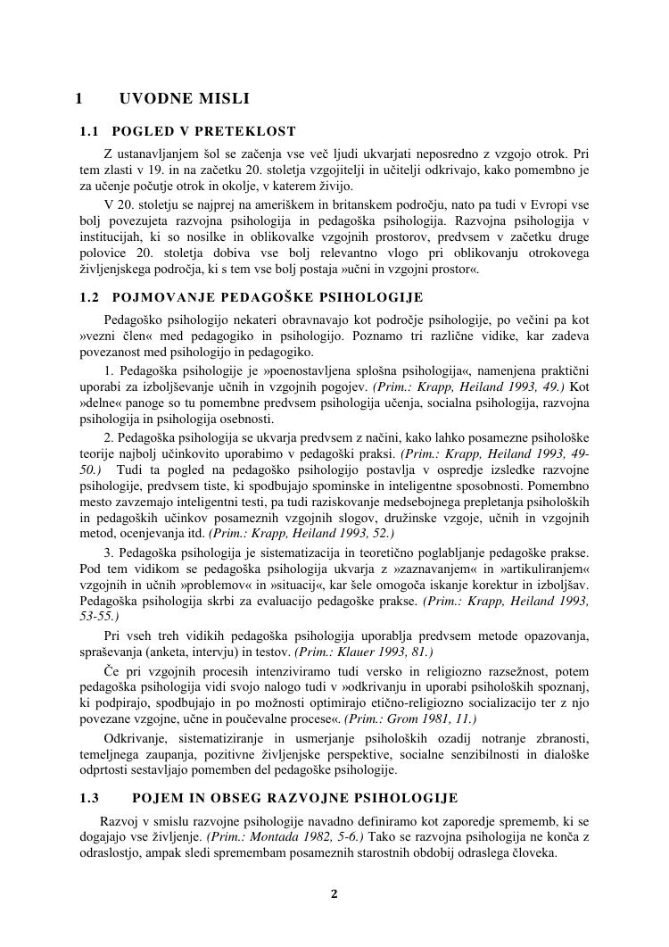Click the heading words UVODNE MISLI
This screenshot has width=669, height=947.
[184, 98]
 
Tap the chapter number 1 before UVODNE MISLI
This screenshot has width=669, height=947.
[79, 98]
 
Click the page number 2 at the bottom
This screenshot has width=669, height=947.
[334, 893]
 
